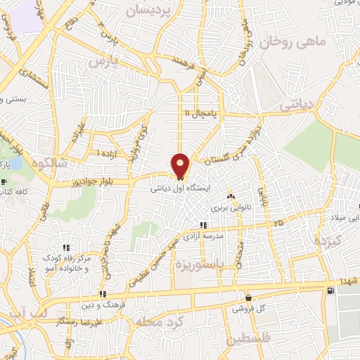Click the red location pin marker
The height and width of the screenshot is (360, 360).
[x=181, y=165]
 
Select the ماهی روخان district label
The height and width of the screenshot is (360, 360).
[x=292, y=43]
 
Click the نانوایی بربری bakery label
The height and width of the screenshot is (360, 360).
[x=231, y=208]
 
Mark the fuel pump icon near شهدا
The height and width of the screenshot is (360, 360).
[x=330, y=290]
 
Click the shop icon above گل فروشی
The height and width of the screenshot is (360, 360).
[x=247, y=297]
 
